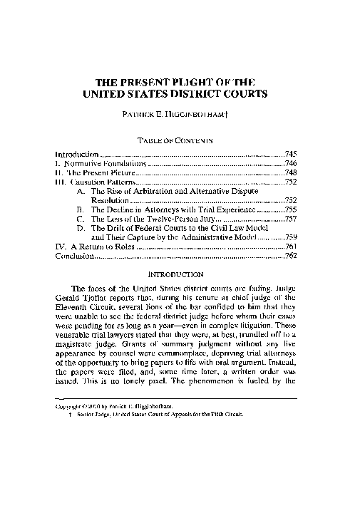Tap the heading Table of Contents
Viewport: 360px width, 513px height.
pos(180,141)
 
